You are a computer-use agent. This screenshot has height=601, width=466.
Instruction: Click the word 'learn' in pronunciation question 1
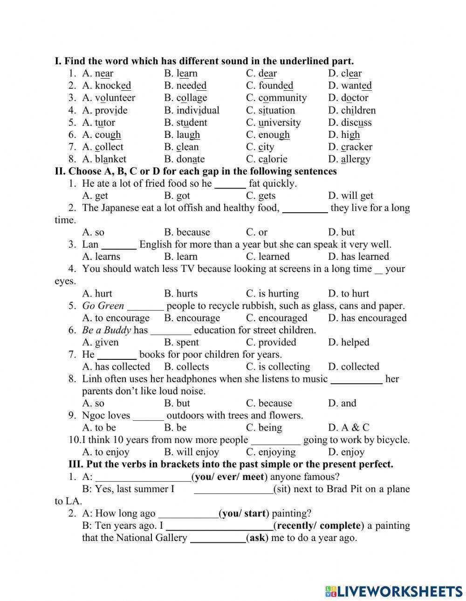187,74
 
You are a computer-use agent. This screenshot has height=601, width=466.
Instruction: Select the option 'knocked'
113,86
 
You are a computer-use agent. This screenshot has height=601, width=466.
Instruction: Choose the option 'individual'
198,110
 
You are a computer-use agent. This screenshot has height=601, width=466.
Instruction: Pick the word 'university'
280,122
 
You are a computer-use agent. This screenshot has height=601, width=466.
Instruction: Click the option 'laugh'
188,135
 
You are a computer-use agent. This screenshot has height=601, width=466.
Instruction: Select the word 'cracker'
356,147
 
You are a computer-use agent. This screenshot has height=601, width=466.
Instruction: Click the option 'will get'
357,196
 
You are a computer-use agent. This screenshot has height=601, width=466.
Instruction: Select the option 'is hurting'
279,293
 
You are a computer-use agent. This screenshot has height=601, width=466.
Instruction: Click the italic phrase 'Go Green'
103,306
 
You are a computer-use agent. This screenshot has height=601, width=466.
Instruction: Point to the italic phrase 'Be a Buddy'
106,330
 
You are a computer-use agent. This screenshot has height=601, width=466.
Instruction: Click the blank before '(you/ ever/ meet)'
143,477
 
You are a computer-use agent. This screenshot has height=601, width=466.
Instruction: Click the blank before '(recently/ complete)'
219,526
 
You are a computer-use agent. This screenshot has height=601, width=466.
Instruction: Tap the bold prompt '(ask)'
257,538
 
